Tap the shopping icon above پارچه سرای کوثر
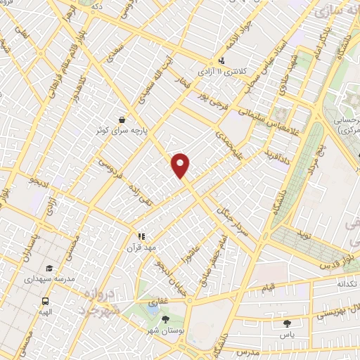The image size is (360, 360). coord(123,119)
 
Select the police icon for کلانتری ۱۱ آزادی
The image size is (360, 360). coord(222,60)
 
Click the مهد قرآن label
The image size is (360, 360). coord(139,247)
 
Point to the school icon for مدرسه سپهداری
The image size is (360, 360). coord(49,268)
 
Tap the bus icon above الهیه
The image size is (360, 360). coord(45,300)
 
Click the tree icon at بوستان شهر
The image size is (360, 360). coord(165,320)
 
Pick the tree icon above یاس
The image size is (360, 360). coord(287,323)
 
